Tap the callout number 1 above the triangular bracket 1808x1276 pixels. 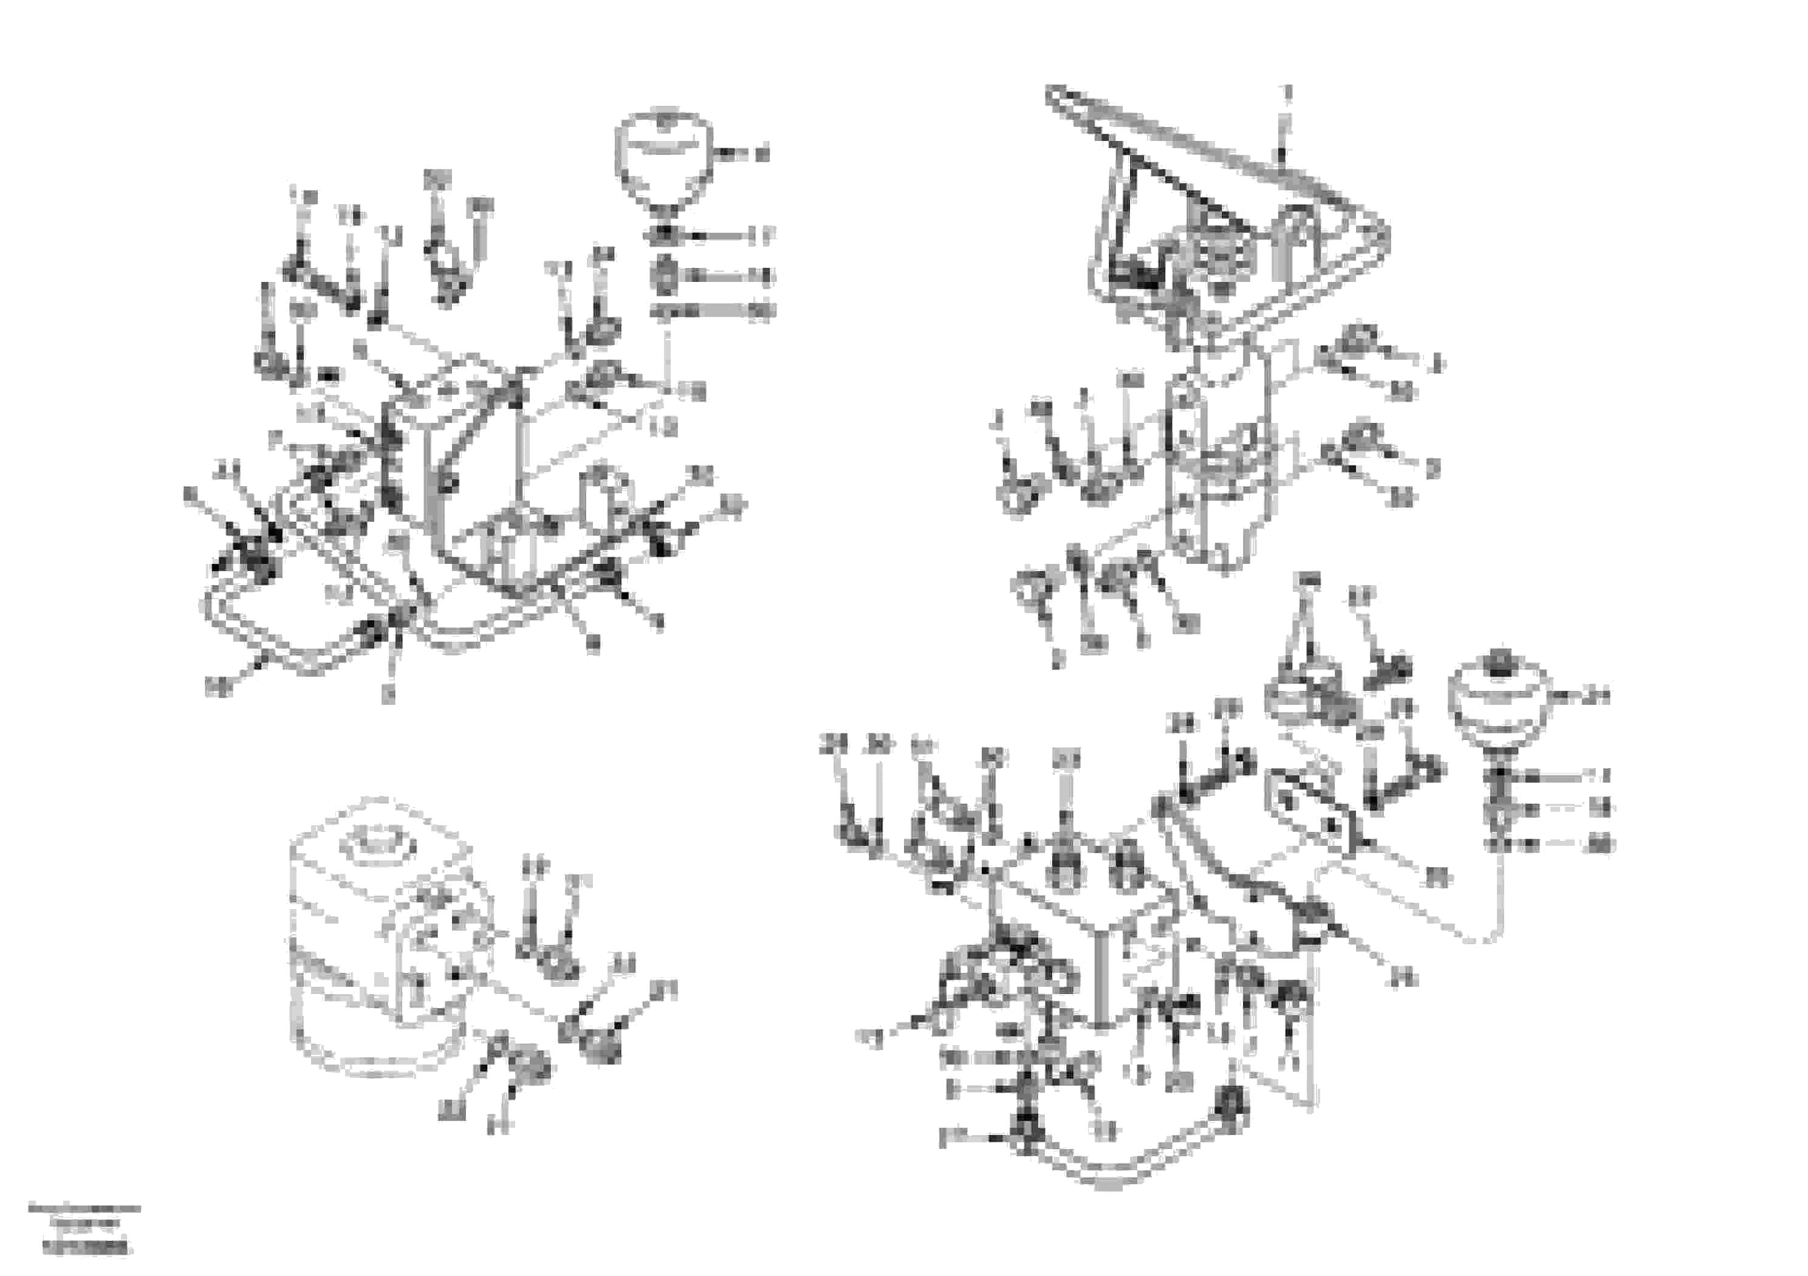tap(1289, 93)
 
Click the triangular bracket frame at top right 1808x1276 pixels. tap(1228, 213)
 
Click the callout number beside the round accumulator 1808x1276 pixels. tap(1597, 696)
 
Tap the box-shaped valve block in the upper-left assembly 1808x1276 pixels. tap(465, 441)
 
